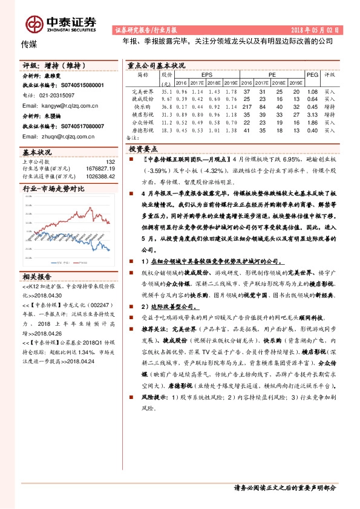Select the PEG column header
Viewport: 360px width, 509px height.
tap(312, 75)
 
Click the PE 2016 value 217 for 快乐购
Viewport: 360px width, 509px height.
tap(246, 106)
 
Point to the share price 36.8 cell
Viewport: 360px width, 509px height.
tap(167, 106)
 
